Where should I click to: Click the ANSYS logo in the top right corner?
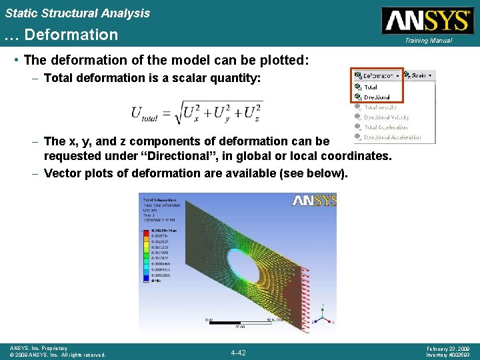pyautogui.click(x=427, y=20)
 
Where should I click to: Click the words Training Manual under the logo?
pyautogui.click(x=429, y=41)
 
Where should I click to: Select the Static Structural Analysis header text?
pyautogui.click(x=77, y=13)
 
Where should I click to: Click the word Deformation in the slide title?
pyautogui.click(x=70, y=35)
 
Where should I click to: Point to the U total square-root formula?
pyautogui.click(x=196, y=112)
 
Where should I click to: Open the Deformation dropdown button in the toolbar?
pyautogui.click(x=378, y=76)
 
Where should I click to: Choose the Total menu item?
pyautogui.click(x=371, y=87)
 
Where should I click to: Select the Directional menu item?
pyautogui.click(x=377, y=97)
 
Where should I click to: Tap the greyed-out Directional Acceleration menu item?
pyautogui.click(x=392, y=137)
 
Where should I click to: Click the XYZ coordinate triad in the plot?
pyautogui.click(x=323, y=316)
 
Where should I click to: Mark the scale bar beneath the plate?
pyautogui.click(x=239, y=323)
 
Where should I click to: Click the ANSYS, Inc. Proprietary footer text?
pyautogui.click(x=39, y=348)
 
